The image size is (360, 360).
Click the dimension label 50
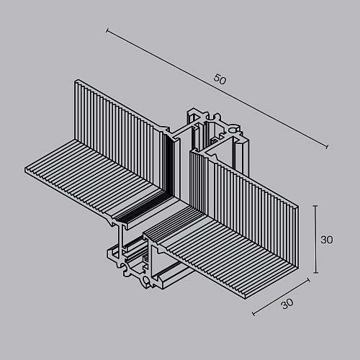(x=220, y=79)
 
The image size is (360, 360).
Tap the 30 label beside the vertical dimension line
(x=327, y=240)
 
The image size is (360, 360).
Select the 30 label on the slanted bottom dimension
(x=287, y=304)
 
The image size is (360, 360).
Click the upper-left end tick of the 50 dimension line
(x=107, y=30)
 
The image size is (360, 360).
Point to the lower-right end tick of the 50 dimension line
(x=327, y=146)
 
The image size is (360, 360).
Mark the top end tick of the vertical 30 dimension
(x=315, y=206)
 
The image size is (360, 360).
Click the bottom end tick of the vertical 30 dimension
(x=315, y=273)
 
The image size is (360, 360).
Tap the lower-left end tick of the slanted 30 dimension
(x=253, y=314)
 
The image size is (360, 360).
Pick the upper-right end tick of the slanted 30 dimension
(x=308, y=280)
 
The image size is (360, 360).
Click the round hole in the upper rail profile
(x=233, y=130)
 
